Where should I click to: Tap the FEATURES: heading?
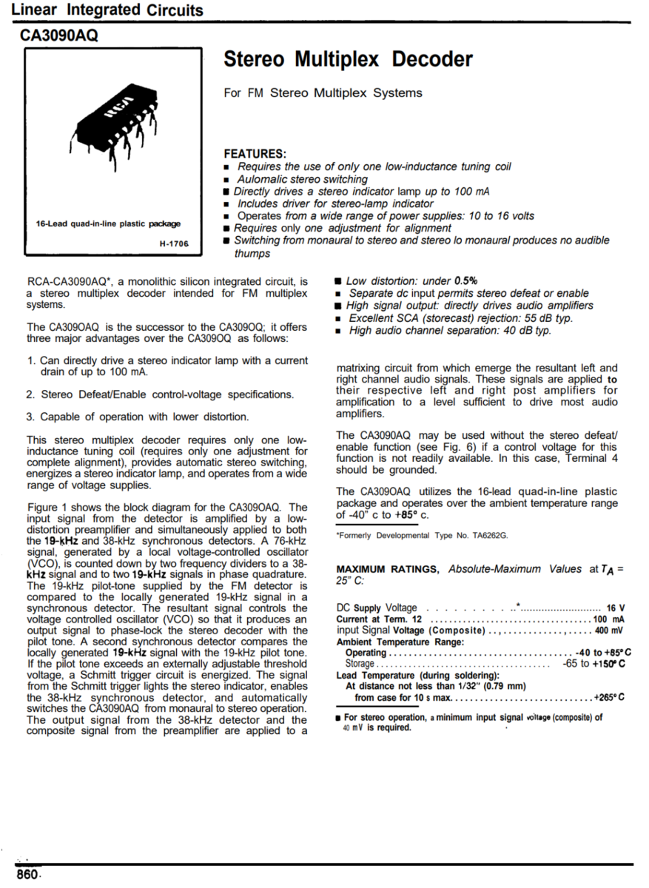pos(255,154)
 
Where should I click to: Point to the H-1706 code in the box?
pos(174,243)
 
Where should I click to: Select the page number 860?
pos(27,875)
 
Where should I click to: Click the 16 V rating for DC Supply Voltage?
pos(616,608)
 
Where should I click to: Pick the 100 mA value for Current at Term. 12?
pos(609,619)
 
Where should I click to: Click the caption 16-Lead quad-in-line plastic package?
pos(109,223)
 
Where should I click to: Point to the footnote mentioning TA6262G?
pos(422,535)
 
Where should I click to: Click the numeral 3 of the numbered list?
pos(31,417)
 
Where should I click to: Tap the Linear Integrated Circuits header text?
pos(107,10)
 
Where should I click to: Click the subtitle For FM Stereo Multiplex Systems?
pos(323,93)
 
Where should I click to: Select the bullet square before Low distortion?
pos(337,281)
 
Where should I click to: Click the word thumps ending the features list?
pos(252,254)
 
